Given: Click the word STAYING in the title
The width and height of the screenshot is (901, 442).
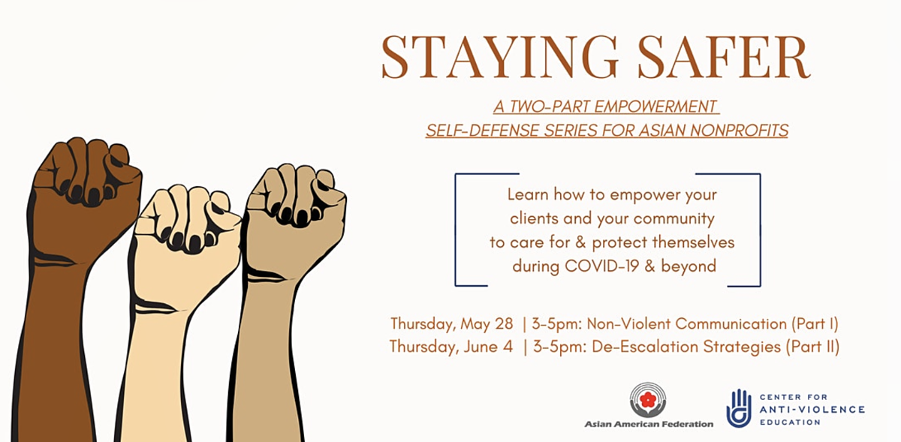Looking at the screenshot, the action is tap(499, 57).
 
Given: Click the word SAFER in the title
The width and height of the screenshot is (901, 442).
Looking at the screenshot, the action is tap(724, 57).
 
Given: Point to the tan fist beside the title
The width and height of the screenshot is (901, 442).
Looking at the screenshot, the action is tap(290, 281).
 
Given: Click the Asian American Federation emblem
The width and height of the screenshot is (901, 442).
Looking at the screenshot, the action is tap(647, 399).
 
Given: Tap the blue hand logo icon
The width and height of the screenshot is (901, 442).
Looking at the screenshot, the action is tap(739, 407).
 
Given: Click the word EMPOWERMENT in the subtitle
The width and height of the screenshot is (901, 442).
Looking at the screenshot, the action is tap(655, 107).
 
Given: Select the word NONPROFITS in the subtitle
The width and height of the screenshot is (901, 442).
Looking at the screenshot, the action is tap(739, 131).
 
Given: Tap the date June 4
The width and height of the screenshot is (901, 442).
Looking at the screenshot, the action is tap(488, 347).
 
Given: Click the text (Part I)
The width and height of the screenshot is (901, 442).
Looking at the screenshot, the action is tap(815, 324).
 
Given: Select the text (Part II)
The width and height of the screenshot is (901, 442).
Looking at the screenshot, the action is tap(813, 347).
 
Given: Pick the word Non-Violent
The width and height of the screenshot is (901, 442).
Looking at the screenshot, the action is tap(628, 324).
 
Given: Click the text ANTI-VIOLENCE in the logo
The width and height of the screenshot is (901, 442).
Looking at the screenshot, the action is tap(812, 410).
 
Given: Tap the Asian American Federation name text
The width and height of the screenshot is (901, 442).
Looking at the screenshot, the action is tap(649, 424).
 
